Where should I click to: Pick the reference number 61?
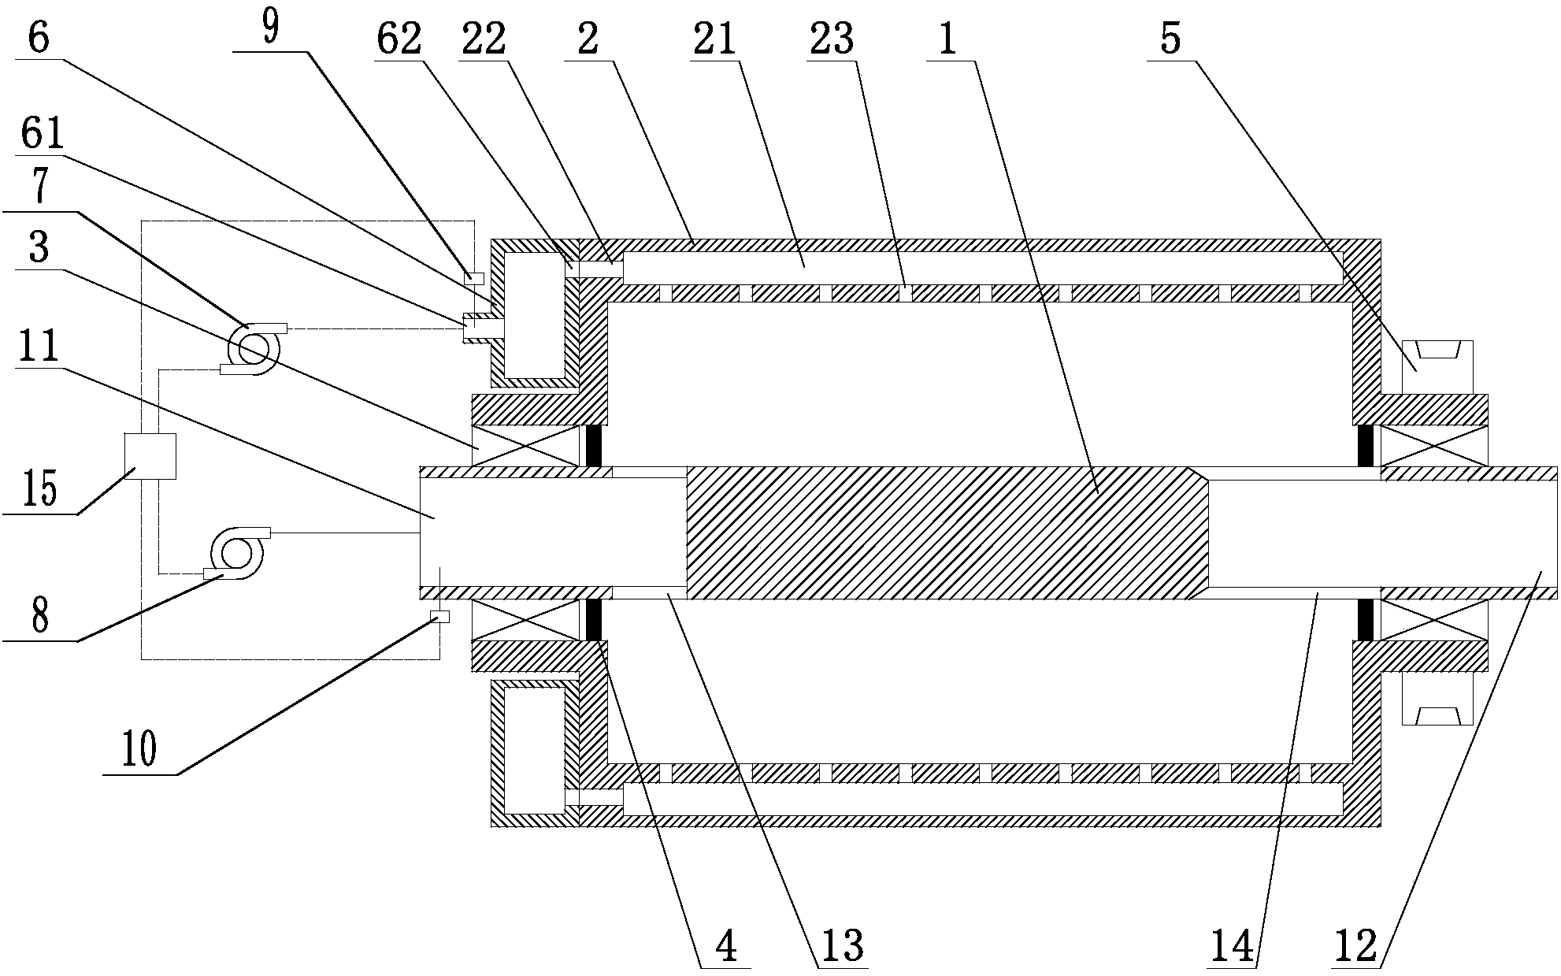43,134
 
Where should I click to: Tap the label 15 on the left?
39,488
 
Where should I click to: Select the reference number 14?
1233,945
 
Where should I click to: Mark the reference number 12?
1355,945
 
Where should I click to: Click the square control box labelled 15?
150,456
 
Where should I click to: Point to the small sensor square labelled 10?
439,617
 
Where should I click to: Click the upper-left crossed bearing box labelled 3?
525,446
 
